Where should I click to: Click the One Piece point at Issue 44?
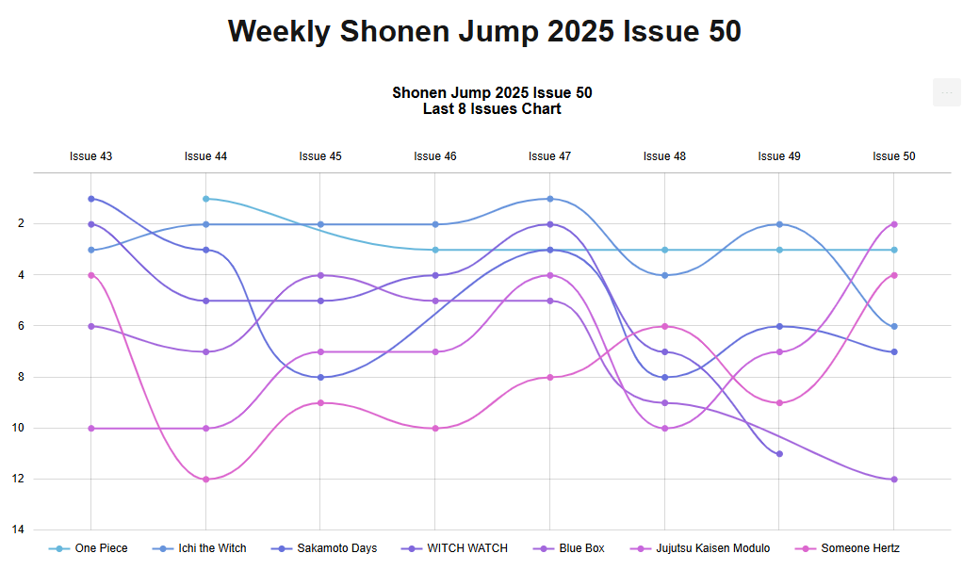point(205,199)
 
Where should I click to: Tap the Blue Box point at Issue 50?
point(894,480)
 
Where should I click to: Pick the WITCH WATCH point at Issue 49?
point(779,454)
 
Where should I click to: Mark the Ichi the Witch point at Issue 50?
point(894,327)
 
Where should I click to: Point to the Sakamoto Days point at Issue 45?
point(320,378)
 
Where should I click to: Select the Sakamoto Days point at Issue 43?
point(90,199)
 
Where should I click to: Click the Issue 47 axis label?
point(549,156)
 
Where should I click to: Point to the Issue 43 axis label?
point(90,156)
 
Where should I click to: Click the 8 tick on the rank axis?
point(21,378)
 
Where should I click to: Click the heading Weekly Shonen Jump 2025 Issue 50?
point(484,31)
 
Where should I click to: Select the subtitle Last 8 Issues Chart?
point(492,109)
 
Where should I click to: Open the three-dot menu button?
point(946,93)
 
